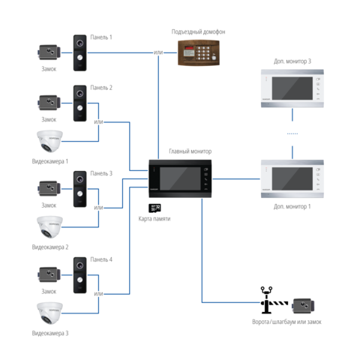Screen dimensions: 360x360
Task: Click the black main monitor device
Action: coord(180,178)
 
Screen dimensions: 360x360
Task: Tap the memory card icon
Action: coord(154,208)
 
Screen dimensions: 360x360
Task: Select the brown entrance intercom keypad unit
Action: coord(199,52)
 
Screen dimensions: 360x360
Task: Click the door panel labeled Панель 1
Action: coord(80,52)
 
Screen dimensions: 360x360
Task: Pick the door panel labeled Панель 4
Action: coord(80,275)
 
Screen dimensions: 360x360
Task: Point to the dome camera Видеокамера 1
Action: coord(49,141)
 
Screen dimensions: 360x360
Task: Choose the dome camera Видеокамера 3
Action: coord(49,313)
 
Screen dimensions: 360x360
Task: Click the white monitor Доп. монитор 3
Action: coord(292,88)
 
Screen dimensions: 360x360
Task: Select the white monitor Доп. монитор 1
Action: coord(292,179)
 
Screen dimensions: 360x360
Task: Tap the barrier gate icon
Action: coord(273,301)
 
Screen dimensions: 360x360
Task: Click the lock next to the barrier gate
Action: coord(303,305)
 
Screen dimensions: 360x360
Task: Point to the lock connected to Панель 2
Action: coord(49,103)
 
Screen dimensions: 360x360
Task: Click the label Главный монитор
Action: coord(190,151)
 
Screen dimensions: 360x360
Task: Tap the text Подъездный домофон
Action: coord(198,31)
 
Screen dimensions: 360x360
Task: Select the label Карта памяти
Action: coord(154,219)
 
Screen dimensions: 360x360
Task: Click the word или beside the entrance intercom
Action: coord(158,52)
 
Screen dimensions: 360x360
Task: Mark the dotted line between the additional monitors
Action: coord(292,133)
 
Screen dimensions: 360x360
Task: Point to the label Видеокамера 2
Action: coord(50,247)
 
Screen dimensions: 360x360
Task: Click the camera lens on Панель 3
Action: coord(80,179)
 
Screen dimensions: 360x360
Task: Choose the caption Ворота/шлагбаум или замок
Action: coord(286,322)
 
